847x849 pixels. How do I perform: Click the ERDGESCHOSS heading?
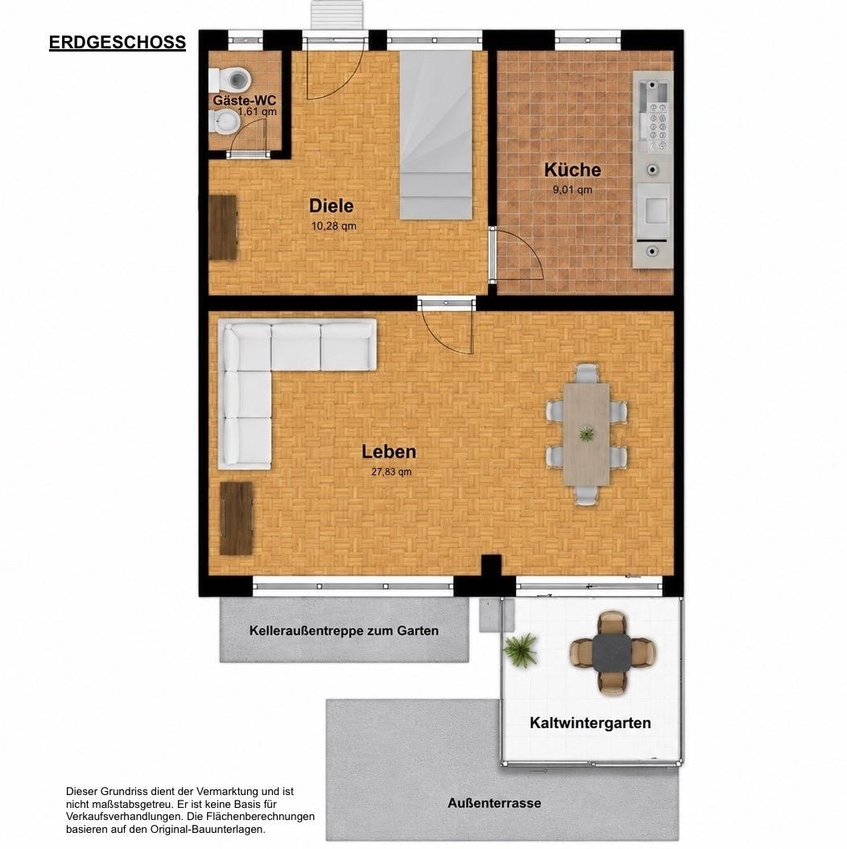pos(118,42)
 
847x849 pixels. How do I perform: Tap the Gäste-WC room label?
pos(244,100)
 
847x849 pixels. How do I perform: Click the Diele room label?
pos(331,205)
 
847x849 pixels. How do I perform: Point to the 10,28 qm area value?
pos(333,226)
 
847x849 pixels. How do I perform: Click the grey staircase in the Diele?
pos(436,135)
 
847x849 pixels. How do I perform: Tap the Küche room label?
pos(572,170)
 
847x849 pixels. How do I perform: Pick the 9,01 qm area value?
pos(572,190)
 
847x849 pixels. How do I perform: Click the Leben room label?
pos(389,452)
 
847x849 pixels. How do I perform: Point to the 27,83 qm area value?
pos(391,471)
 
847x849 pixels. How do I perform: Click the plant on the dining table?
pos(586,433)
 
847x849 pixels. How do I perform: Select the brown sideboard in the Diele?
pos(223,227)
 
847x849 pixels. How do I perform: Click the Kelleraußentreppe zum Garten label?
pos(344,631)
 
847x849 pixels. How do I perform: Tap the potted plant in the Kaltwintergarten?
pos(521,650)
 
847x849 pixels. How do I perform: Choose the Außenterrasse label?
pos(494,803)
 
